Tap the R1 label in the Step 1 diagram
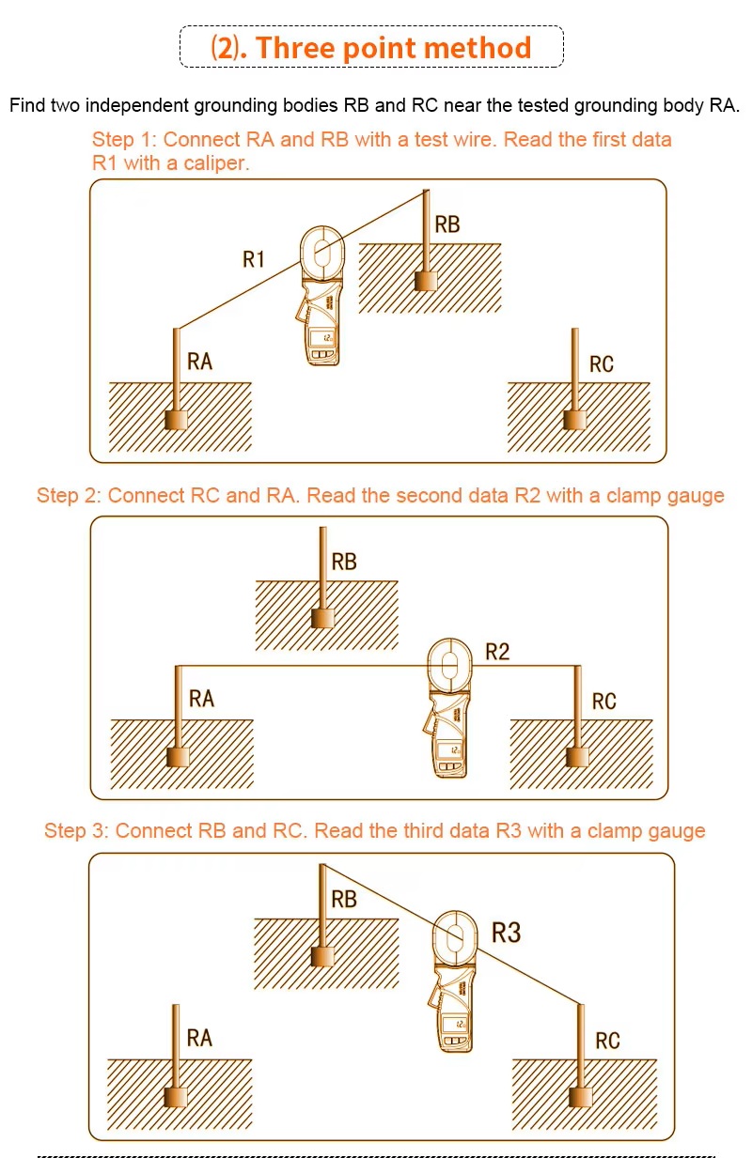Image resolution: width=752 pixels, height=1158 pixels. (x=254, y=259)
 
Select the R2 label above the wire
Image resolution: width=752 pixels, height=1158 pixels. (x=497, y=652)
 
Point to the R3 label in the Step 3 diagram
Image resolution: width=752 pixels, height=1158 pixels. (x=506, y=934)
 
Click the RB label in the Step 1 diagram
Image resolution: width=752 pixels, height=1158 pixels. (x=447, y=224)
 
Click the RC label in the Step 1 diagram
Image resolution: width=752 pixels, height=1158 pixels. (x=602, y=364)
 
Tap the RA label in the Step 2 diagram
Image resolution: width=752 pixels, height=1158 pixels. (x=201, y=699)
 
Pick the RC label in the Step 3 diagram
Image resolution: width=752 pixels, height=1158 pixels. (x=607, y=1041)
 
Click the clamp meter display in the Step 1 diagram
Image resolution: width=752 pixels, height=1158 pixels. (x=321, y=338)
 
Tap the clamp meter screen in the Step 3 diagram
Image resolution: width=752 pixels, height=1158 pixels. (x=454, y=1024)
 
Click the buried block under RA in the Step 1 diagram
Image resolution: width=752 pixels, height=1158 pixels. (x=176, y=420)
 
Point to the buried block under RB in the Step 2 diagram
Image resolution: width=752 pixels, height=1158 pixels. (x=322, y=618)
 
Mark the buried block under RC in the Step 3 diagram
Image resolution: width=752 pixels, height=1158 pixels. (x=581, y=1097)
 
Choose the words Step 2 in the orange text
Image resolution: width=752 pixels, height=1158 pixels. (x=67, y=496)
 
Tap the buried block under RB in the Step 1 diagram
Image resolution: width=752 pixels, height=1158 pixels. (x=426, y=281)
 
